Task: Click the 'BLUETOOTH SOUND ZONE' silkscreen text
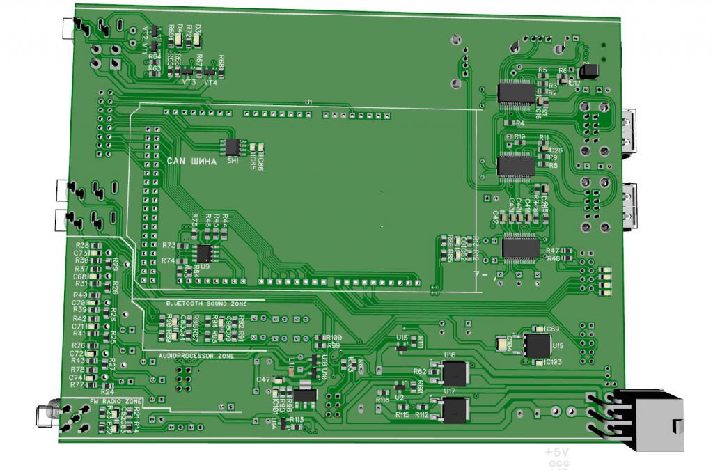coord(206,304)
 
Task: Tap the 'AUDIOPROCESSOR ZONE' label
coord(196,355)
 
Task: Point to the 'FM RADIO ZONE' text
coord(116,402)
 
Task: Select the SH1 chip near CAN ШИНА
coord(231,146)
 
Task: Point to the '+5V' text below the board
coord(557,453)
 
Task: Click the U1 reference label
coord(308,102)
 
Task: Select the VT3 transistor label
coord(188,82)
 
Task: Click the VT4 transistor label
coord(210,82)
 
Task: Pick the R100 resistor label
coord(334,338)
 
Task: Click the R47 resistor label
coord(553,251)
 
